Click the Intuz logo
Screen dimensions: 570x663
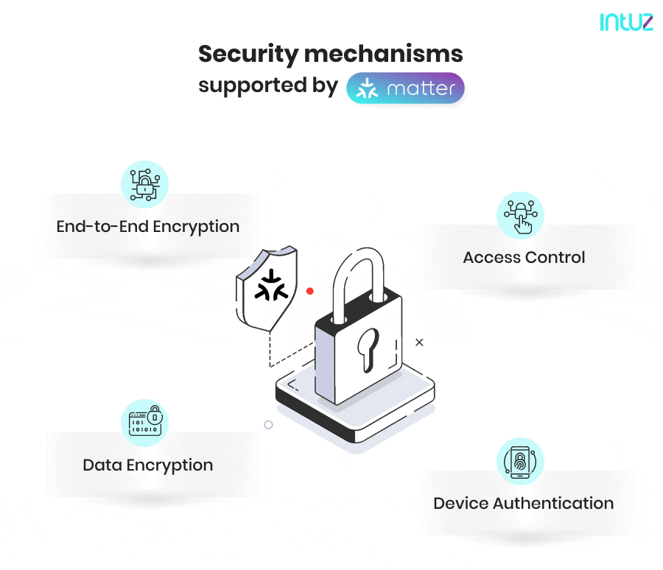(x=625, y=22)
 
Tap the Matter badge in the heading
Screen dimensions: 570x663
(x=405, y=88)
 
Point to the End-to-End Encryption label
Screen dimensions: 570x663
(x=147, y=226)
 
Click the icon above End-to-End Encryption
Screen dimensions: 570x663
(x=144, y=184)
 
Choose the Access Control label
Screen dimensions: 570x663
(x=524, y=258)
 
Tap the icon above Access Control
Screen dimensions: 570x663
(x=520, y=216)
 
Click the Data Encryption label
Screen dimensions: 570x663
(x=147, y=465)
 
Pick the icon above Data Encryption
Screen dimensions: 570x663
(x=144, y=423)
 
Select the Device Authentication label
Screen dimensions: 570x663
(x=523, y=504)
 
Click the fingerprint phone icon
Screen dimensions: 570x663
(x=520, y=462)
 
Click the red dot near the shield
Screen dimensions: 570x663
(x=310, y=292)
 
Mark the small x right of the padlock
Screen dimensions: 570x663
(x=419, y=342)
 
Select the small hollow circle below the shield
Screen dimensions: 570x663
(x=268, y=425)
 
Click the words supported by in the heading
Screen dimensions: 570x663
(x=267, y=85)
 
